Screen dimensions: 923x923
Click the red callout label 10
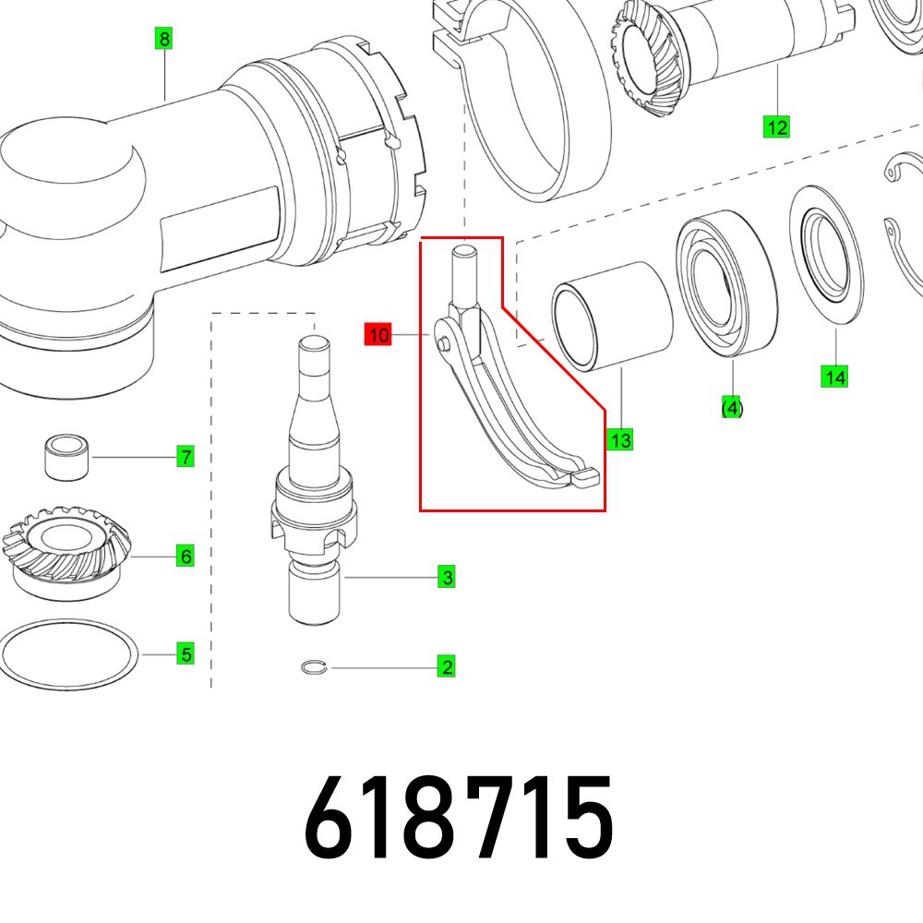click(378, 335)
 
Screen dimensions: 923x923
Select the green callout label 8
click(164, 39)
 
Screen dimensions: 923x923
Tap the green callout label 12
click(777, 127)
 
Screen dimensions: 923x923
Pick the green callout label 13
click(620, 440)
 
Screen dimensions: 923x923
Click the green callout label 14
click(835, 377)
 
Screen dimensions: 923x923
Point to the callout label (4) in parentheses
click(732, 407)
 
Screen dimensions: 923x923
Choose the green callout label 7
click(186, 457)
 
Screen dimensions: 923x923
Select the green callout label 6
click(186, 557)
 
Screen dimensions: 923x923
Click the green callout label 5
click(186, 654)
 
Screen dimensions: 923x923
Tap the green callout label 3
click(447, 578)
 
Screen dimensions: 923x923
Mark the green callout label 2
click(447, 666)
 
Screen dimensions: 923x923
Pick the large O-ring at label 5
click(69, 654)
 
